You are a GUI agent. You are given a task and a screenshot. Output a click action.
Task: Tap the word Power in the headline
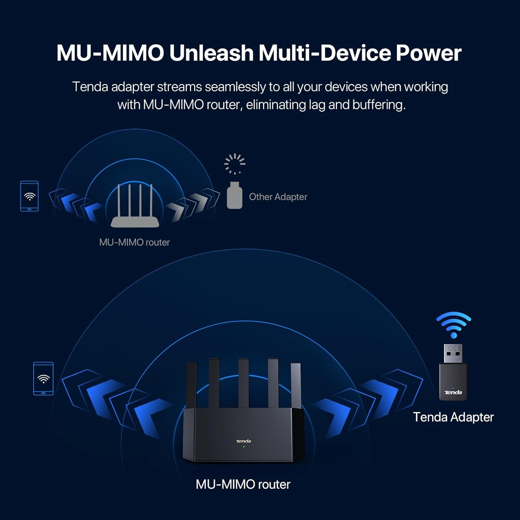pyautogui.click(x=428, y=53)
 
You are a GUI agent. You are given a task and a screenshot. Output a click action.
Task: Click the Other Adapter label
pyautogui.click(x=278, y=197)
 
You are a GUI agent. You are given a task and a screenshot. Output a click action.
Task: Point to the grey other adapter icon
pyautogui.click(x=234, y=196)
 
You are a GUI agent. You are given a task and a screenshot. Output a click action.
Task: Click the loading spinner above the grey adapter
pyautogui.click(x=235, y=164)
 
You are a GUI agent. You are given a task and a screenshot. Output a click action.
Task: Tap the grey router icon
pyautogui.click(x=135, y=208)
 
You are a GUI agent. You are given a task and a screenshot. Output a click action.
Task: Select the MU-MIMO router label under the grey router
pyautogui.click(x=135, y=242)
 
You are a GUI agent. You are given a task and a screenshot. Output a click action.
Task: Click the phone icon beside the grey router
pyautogui.click(x=29, y=196)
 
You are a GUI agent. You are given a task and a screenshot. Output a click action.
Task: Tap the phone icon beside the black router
pyautogui.click(x=43, y=379)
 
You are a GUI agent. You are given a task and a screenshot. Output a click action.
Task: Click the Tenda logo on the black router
pyautogui.click(x=243, y=441)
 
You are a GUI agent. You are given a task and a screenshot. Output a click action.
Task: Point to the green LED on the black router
pyautogui.click(x=244, y=447)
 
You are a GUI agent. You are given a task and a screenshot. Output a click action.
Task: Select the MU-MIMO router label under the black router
pyautogui.click(x=243, y=484)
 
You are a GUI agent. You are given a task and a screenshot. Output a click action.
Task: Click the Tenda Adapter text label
pyautogui.click(x=453, y=417)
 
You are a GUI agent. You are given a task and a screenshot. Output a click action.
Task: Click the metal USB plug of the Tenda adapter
pyautogui.click(x=453, y=354)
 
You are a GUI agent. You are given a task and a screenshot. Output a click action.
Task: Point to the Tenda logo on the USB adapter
pyautogui.click(x=453, y=392)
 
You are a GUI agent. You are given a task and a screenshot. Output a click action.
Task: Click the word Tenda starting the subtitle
pyautogui.click(x=90, y=87)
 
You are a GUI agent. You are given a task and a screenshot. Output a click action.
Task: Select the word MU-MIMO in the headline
pyautogui.click(x=110, y=53)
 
